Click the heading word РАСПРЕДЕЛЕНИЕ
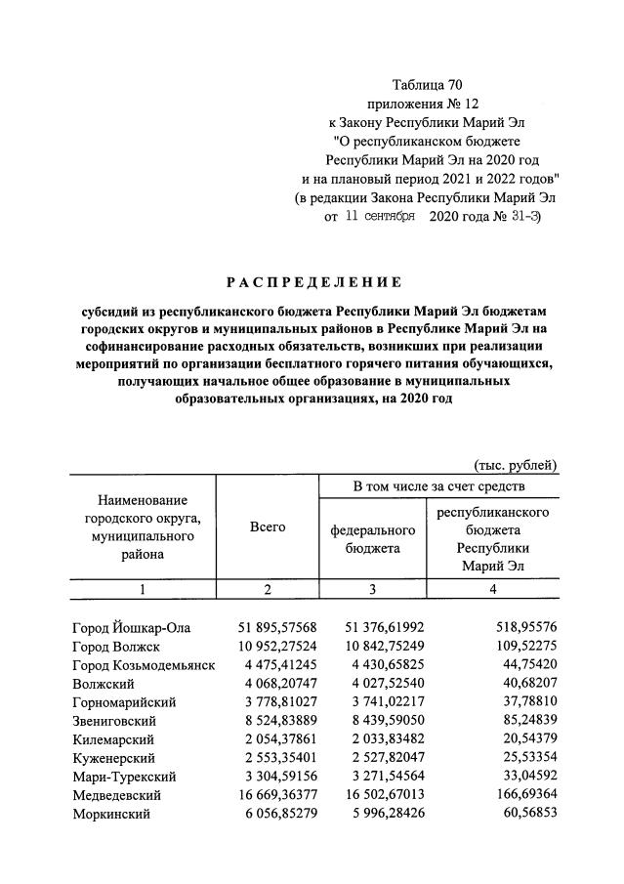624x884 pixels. pos(313,282)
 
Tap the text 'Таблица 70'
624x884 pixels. pos(426,82)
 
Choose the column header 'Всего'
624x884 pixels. pos(268,526)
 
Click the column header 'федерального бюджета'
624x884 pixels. pos(373,539)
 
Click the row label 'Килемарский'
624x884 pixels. pos(113,739)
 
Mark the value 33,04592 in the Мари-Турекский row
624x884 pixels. pos(523,777)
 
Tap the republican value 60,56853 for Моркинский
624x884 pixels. pos(523,815)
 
